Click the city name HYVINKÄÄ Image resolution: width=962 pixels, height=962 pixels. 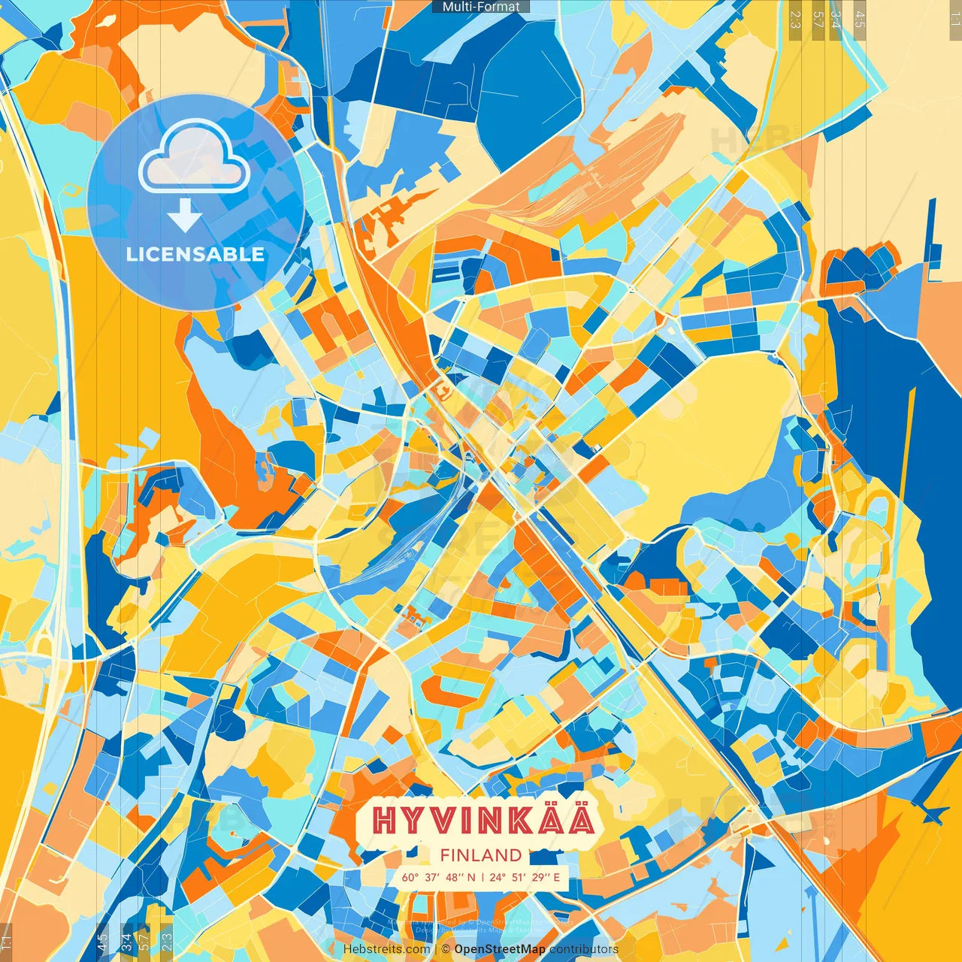point(484,820)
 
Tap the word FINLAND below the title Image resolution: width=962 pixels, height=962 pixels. point(481,855)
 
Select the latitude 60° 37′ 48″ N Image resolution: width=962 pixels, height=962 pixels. point(439,877)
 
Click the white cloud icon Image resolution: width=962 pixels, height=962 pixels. point(194,156)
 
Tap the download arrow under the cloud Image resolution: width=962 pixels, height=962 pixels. point(184,216)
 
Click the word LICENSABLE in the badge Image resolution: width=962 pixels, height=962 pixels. point(195,254)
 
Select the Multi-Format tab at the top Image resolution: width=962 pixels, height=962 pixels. point(481,7)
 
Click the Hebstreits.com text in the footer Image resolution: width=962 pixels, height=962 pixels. point(386,949)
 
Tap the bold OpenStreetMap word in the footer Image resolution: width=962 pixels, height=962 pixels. point(500,949)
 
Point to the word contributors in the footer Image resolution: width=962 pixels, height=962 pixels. point(584,949)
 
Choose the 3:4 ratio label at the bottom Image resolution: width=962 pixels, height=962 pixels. point(126,941)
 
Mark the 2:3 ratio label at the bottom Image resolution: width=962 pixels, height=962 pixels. point(167,941)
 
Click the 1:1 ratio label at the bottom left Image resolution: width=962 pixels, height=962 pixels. point(6,941)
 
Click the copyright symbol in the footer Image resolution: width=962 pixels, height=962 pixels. point(446,949)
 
